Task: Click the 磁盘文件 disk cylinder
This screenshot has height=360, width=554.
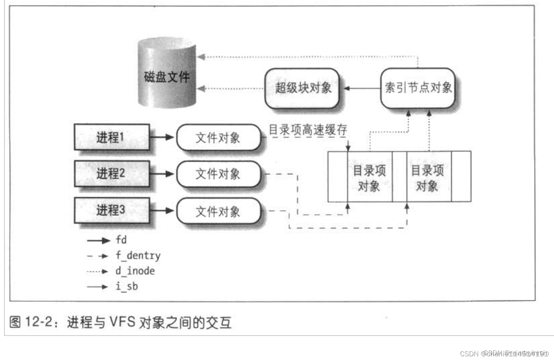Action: click(x=167, y=74)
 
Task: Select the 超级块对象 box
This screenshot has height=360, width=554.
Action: click(x=302, y=88)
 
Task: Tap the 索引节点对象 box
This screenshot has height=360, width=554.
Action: click(x=417, y=88)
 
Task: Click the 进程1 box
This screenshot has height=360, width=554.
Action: click(x=111, y=137)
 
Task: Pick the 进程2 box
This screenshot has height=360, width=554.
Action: click(x=111, y=173)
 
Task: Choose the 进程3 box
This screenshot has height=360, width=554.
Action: click(x=111, y=210)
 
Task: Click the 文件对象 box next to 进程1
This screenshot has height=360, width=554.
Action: click(x=218, y=138)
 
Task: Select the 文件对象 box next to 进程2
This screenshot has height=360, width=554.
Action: click(x=218, y=174)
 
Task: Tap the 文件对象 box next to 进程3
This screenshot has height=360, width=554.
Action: click(x=218, y=211)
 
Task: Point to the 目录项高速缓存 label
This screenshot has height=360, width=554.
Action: click(x=308, y=130)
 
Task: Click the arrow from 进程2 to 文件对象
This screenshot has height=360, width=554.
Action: click(x=162, y=174)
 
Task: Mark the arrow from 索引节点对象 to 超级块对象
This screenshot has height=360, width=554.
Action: click(x=362, y=88)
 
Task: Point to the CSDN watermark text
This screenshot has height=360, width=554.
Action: click(x=503, y=353)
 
